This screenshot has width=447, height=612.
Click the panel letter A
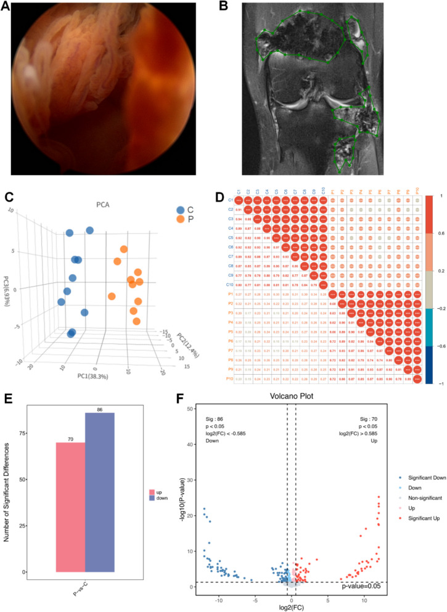pos(7,8)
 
